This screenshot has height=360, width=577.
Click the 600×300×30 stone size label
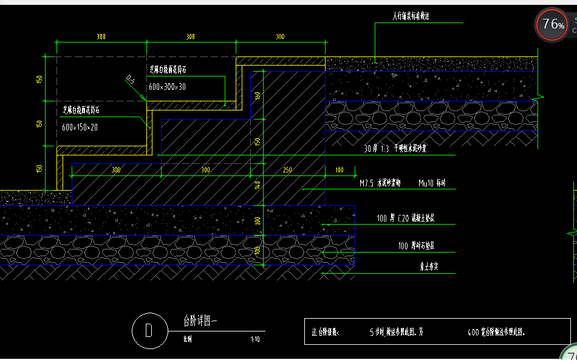[x=167, y=87]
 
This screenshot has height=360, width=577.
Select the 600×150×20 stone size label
[x=80, y=127]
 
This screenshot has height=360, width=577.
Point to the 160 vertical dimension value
[x=258, y=95]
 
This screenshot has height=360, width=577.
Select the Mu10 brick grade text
[x=432, y=183]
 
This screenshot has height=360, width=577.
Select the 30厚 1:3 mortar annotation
[x=395, y=148]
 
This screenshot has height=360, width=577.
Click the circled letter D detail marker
[x=148, y=330]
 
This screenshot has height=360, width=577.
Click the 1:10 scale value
[x=254, y=339]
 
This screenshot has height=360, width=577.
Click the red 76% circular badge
[x=553, y=25]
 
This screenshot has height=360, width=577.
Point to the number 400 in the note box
[x=474, y=333]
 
